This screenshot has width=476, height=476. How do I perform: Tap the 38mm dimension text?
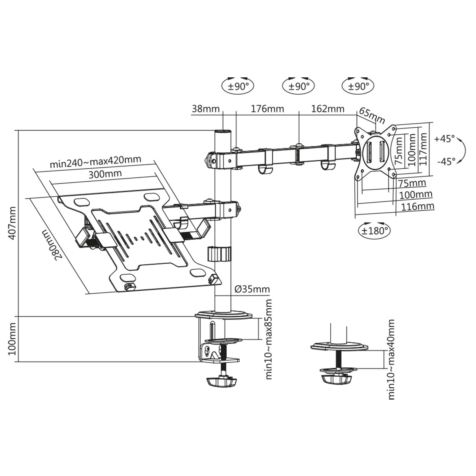(x=205, y=109)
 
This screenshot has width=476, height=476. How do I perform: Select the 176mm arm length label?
(x=267, y=109)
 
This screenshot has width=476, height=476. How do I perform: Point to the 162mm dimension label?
(x=328, y=109)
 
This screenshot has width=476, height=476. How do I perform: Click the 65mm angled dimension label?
(x=372, y=115)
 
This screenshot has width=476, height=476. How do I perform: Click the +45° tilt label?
(x=444, y=139)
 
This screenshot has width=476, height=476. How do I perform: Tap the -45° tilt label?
(x=446, y=162)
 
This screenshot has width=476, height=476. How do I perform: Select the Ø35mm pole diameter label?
(x=252, y=289)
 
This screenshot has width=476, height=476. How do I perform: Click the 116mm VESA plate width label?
(x=417, y=206)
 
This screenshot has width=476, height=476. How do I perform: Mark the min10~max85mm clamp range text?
(x=269, y=339)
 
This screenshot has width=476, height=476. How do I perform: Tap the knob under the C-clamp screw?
(x=221, y=382)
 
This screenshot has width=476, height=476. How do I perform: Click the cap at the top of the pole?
(x=223, y=131)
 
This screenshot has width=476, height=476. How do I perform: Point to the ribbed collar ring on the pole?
(x=219, y=254)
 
